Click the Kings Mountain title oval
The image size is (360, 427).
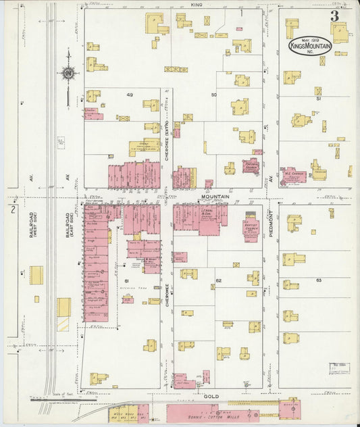click(x=310, y=45)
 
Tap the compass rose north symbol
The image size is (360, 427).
click(x=68, y=73)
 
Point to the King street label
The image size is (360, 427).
click(x=197, y=5)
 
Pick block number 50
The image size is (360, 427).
click(x=213, y=95)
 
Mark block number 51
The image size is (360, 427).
click(x=318, y=99)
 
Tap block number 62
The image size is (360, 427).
click(x=218, y=280)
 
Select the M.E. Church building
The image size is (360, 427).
click(x=293, y=174)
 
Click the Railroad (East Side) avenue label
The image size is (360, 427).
click(x=69, y=225)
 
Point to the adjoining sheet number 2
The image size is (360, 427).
click(x=11, y=209)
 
